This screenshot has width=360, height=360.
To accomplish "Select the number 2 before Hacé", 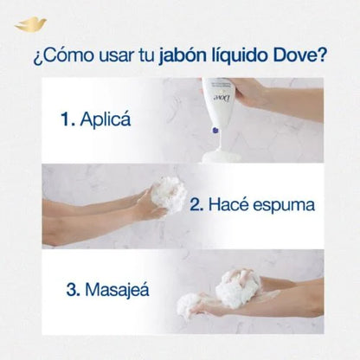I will [196, 204].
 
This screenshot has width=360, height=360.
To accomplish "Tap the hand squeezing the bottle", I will [260, 95].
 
